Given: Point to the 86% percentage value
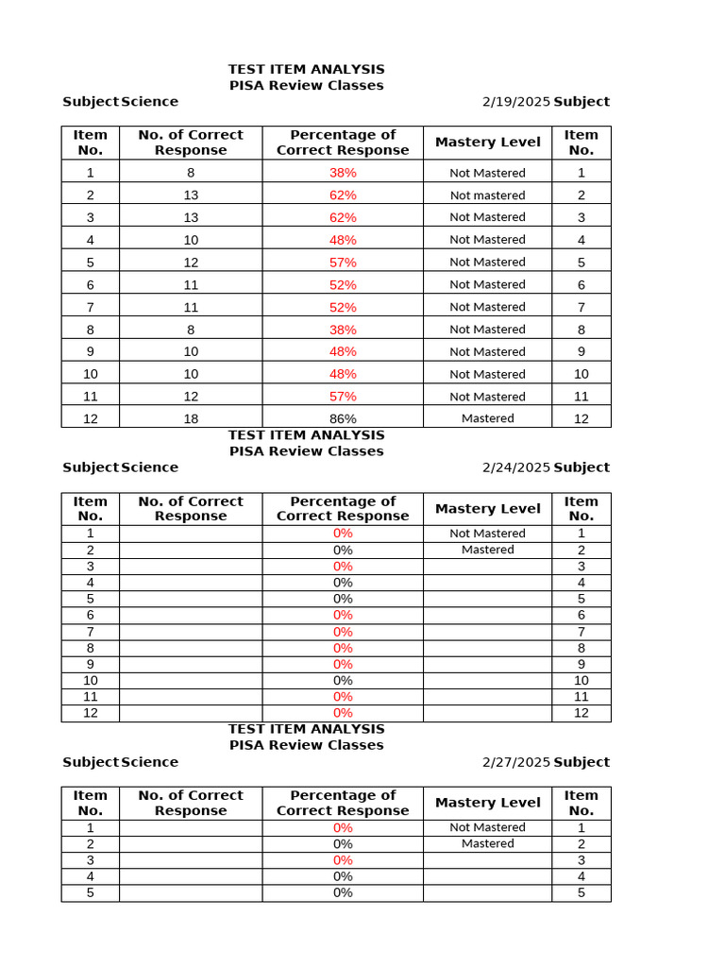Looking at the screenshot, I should pos(343,418).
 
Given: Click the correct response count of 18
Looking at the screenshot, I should pos(191,418).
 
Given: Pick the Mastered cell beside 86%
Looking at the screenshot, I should pos(487,418).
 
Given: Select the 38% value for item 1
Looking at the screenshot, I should pos(343,173).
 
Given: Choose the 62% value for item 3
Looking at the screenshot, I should pos(343,217).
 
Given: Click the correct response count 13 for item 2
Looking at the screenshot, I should pos(191,195).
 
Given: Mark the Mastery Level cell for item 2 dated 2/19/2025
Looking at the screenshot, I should pos(487,195).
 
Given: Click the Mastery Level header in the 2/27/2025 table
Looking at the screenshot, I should pos(487,803).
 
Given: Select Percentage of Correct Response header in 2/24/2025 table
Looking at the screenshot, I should pos(343,509).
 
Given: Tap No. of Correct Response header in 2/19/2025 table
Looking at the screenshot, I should pos(191,143).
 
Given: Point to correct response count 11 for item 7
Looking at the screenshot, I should pos(191,307).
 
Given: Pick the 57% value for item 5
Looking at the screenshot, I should pos(343,262).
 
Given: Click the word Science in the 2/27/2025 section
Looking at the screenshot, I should pos(149,762).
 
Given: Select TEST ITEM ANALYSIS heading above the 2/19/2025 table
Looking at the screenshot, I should pos(306,69).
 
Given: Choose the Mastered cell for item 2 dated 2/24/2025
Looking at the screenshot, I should pos(487,550).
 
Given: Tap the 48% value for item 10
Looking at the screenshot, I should pos(343,374).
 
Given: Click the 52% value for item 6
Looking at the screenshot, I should pos(343,284).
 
